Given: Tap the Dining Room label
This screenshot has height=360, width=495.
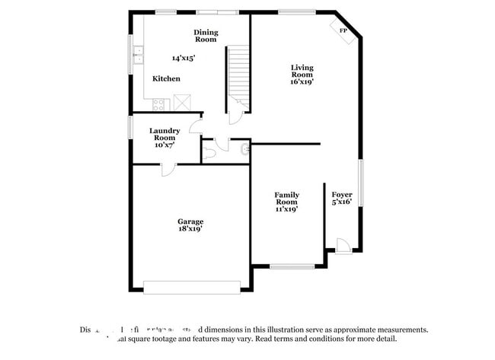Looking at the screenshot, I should [206, 35].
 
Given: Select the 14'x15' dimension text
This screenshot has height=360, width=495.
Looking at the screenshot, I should [184, 58].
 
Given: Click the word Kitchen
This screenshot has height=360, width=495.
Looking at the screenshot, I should [166, 78].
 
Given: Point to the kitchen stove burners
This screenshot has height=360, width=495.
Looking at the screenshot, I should [161, 104].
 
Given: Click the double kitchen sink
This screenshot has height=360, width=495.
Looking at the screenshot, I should [139, 54].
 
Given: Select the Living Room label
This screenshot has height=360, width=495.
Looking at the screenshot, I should [302, 71].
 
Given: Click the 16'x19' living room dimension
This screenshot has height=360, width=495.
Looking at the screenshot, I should [302, 82].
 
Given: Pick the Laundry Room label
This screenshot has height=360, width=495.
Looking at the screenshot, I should [164, 133].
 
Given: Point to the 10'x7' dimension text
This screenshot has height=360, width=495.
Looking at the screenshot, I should [164, 145].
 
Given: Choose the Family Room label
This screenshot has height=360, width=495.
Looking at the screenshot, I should [286, 198].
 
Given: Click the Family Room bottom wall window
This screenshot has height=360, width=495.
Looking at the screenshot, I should [292, 266].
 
